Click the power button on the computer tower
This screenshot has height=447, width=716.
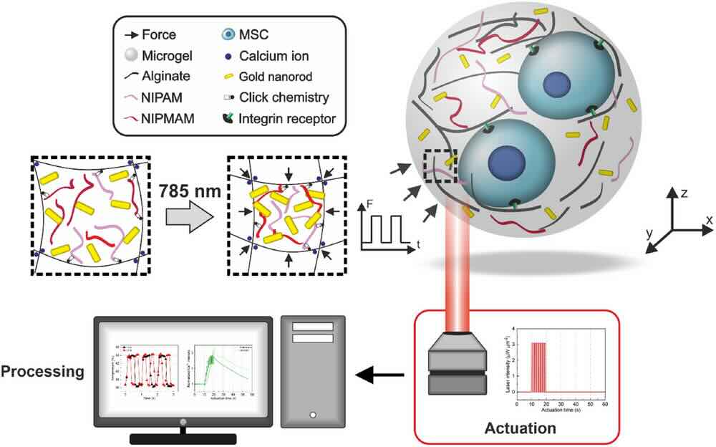[x=312, y=414]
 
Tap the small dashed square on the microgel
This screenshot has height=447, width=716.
[x=440, y=166]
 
